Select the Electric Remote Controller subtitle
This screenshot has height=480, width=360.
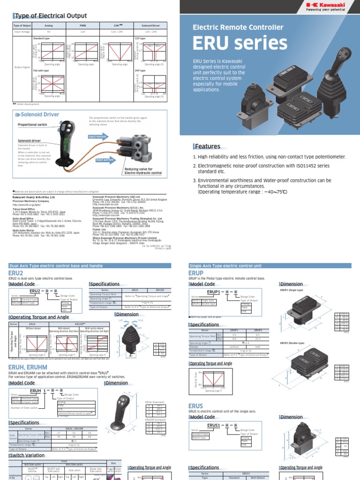(238, 28)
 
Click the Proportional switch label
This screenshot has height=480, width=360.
(33, 125)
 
